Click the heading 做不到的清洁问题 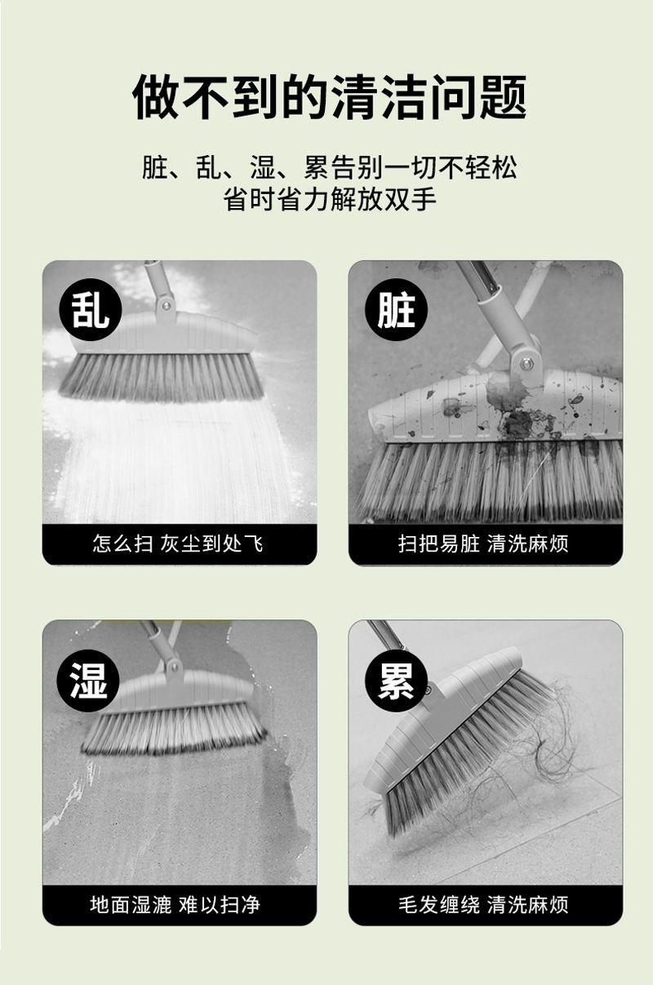pyautogui.click(x=329, y=97)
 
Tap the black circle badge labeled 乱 pyautogui.click(x=90, y=311)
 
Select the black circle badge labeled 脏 pyautogui.click(x=396, y=311)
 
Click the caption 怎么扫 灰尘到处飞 pyautogui.click(x=178, y=544)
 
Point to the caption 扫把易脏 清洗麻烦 pyautogui.click(x=483, y=544)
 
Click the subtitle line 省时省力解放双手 pyautogui.click(x=330, y=199)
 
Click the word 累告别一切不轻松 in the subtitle pyautogui.click(x=411, y=167)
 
